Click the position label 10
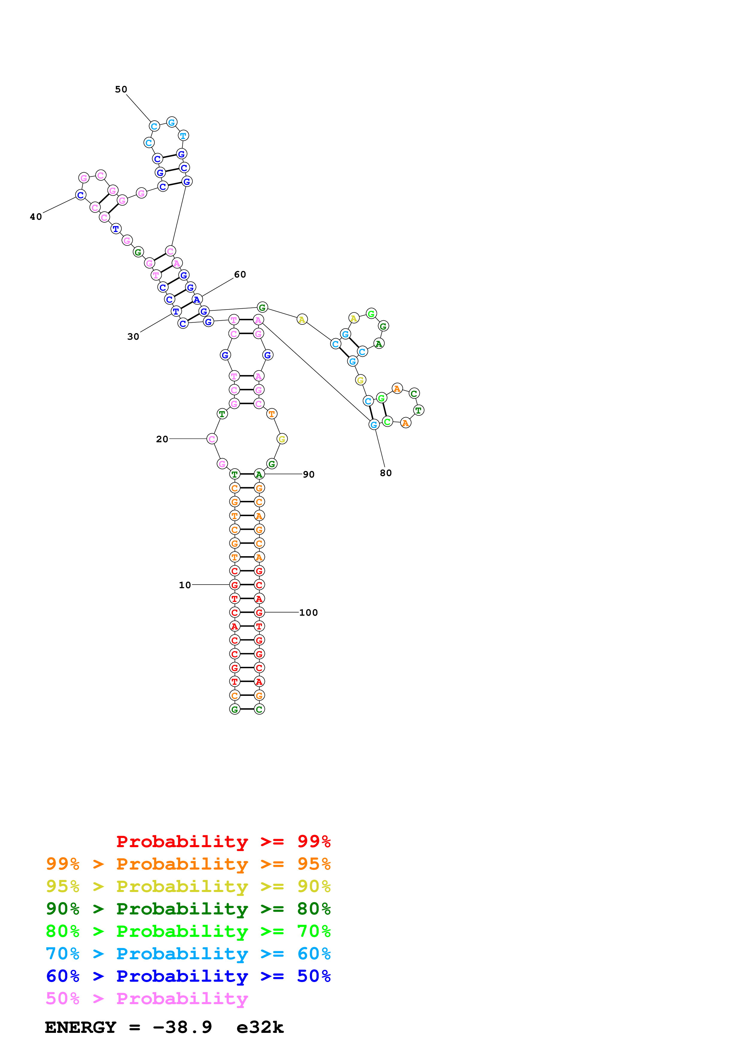[185, 585]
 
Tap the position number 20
[162, 439]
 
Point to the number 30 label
[133, 337]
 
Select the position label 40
[36, 217]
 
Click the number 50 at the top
[121, 89]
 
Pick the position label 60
[240, 275]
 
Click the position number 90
[309, 475]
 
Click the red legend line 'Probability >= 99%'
[223, 841]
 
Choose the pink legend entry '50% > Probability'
[147, 999]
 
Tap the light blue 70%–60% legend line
[188, 954]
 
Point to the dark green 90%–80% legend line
[188, 909]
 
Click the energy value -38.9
[182, 1027]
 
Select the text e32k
[260, 1027]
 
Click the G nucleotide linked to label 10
[235, 585]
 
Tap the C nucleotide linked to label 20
[212, 439]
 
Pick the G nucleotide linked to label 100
[259, 612]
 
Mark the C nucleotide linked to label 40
[81, 195]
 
